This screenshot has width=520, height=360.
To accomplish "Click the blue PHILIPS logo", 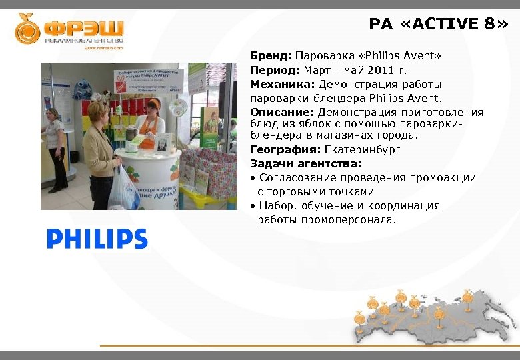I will pyautogui.click(x=97, y=239).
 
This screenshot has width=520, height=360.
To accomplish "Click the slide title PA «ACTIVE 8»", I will pyautogui.click(x=438, y=25).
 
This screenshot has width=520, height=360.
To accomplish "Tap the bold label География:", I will pyautogui.click(x=285, y=149).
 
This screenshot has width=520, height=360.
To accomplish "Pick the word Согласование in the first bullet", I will pyautogui.click(x=298, y=178).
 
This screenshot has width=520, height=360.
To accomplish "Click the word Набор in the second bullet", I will pyautogui.click(x=275, y=206).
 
